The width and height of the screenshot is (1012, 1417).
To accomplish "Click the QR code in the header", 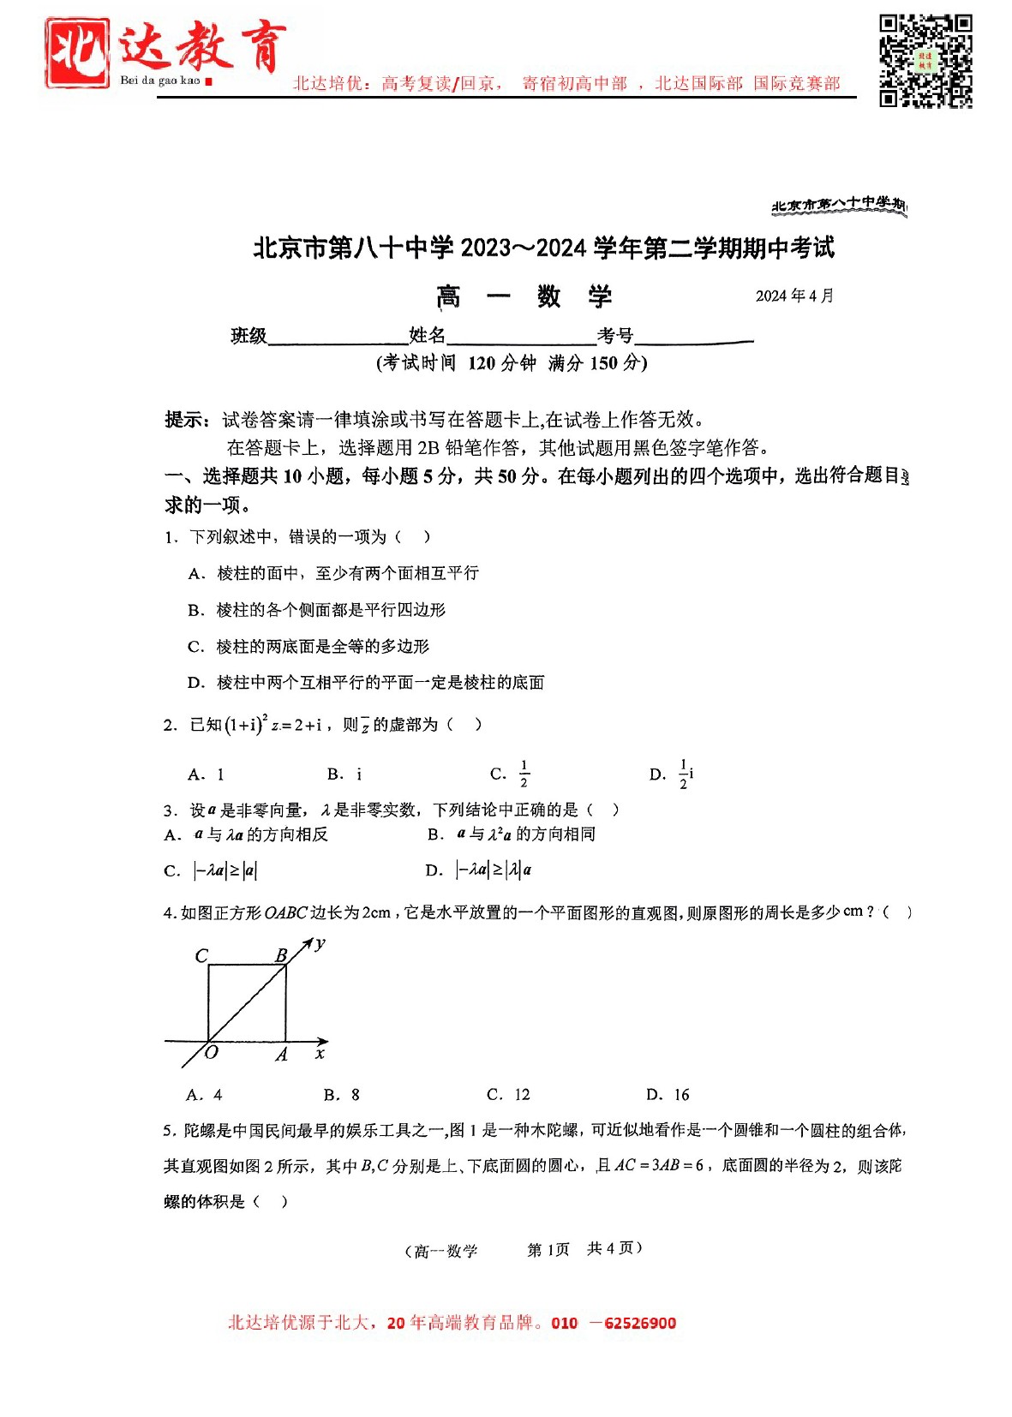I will [x=925, y=60].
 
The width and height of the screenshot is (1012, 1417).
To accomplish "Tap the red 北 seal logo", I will [x=77, y=52].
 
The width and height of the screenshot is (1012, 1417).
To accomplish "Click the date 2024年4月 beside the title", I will [x=794, y=296].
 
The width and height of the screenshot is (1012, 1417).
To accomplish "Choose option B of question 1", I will [x=317, y=610].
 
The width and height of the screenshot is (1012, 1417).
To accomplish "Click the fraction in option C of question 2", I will [x=524, y=774].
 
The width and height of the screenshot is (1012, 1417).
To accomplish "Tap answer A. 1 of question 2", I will [x=207, y=774].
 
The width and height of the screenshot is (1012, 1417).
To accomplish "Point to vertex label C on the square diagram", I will [x=201, y=955].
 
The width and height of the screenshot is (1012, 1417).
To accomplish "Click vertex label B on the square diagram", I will [x=281, y=955].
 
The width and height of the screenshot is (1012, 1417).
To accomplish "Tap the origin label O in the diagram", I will [x=212, y=1053].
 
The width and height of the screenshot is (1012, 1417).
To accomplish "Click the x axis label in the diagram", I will [x=320, y=1053].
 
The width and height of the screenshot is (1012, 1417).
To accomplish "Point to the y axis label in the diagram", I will [x=320, y=944].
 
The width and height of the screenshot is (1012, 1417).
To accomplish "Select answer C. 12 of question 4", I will [x=508, y=1094].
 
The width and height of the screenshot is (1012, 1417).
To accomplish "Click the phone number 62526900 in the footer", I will [x=639, y=1323].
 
